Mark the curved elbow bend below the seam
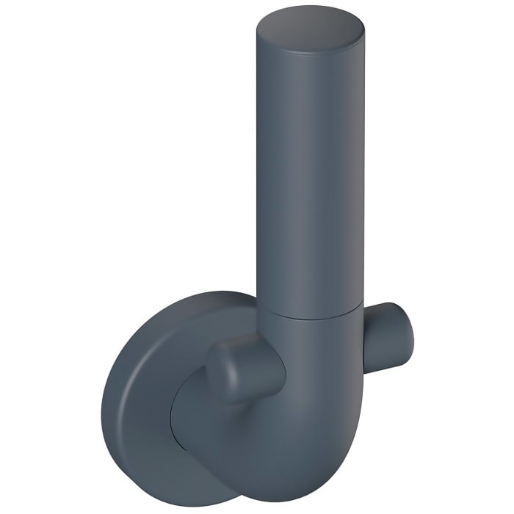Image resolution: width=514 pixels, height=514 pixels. pyautogui.click(x=308, y=382)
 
